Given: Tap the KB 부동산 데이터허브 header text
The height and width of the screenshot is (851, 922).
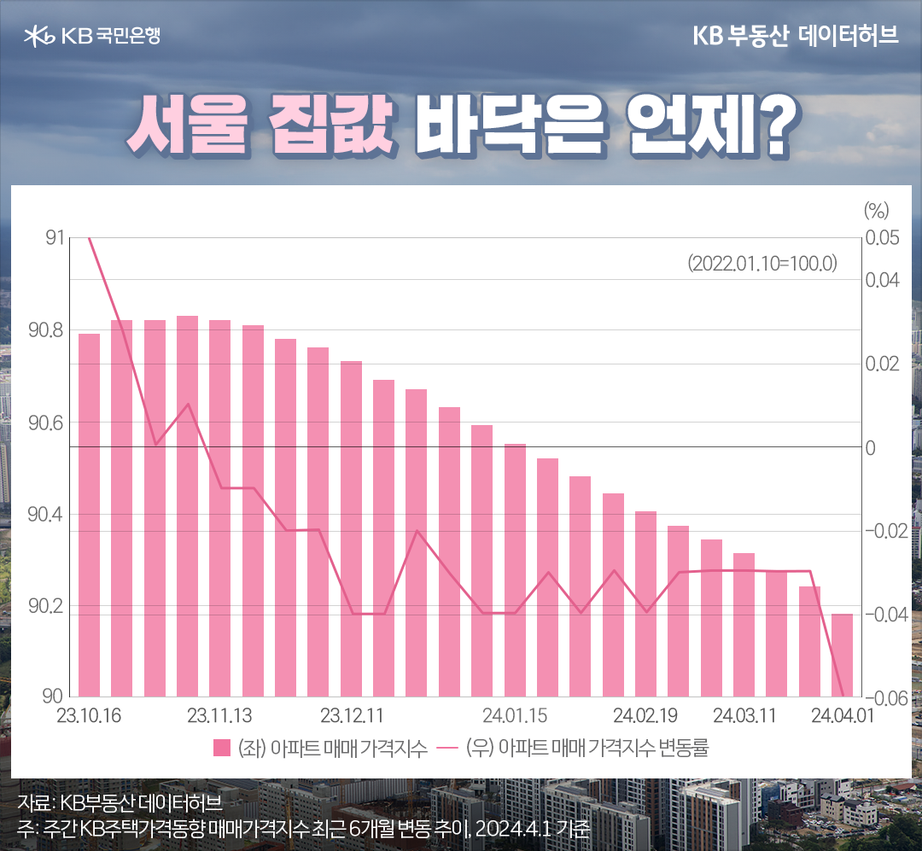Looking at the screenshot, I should [x=796, y=36].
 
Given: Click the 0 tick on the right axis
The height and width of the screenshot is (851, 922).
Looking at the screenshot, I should [x=871, y=447].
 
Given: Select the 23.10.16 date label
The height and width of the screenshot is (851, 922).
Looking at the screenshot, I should [x=89, y=714].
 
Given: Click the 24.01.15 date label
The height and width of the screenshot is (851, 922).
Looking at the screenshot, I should [x=515, y=714].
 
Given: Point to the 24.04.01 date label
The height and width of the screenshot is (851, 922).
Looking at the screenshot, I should [x=841, y=714].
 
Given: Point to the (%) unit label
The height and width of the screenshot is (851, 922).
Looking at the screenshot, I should [x=876, y=209].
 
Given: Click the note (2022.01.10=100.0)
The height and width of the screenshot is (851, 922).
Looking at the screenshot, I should [x=762, y=263].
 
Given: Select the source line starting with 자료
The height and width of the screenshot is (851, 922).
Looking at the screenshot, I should [x=119, y=802].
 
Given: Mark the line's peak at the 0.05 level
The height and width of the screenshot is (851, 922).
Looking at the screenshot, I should [x=90, y=239].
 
